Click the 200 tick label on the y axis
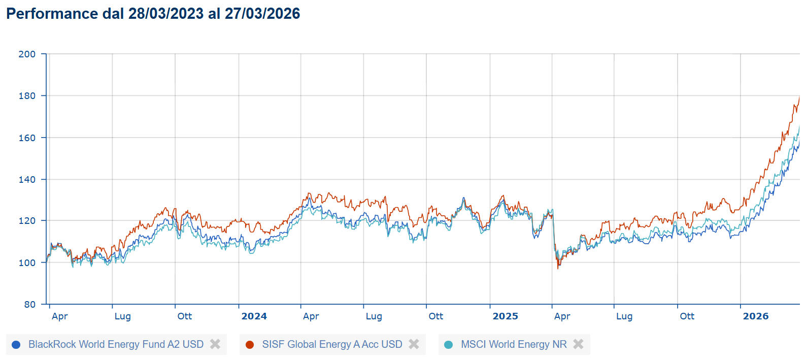click(27, 54)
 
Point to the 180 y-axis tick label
click(27, 95)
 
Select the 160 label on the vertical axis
click(27, 138)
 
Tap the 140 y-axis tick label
click(27, 179)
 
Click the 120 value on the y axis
click(27, 221)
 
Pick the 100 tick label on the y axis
click(27, 263)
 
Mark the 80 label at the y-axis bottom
click(30, 304)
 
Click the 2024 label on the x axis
click(254, 316)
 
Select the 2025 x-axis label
click(505, 316)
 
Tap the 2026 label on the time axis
click(755, 316)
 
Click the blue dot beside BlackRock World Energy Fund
click(16, 345)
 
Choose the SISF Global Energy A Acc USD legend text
click(332, 344)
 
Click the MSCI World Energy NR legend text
click(514, 344)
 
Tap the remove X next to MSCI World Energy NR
click(578, 344)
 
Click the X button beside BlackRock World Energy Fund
click(215, 344)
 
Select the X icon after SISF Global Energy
click(414, 344)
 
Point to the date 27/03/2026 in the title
click(262, 14)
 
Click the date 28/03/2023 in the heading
click(166, 14)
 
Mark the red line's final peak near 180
click(799, 96)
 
